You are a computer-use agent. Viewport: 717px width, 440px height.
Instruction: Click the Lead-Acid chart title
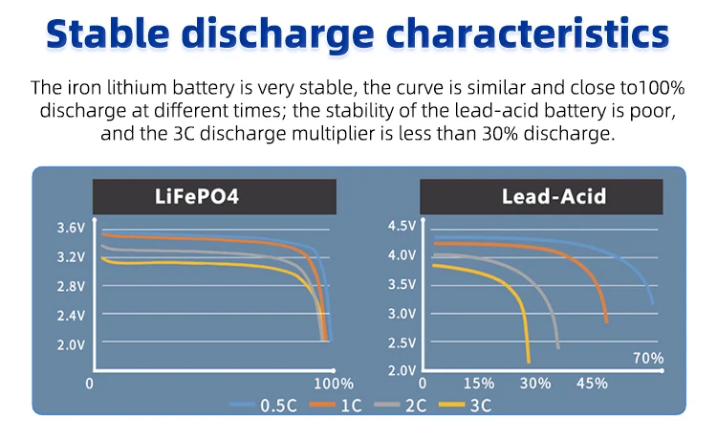tap(540, 197)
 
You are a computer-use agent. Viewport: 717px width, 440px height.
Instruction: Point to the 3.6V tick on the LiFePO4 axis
tap(71, 228)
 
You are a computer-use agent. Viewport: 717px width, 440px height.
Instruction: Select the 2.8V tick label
tap(71, 286)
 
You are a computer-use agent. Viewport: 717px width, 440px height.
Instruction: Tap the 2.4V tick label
tap(71, 315)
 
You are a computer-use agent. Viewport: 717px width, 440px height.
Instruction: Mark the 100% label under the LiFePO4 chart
tap(334, 384)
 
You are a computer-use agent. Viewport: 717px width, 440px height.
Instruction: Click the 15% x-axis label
tap(478, 384)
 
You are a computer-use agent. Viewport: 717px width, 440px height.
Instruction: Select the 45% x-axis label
tap(592, 384)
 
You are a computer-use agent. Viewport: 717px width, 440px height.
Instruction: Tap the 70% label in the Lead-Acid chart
tap(649, 359)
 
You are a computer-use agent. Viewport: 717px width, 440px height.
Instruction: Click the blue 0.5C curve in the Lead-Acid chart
tap(612, 253)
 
